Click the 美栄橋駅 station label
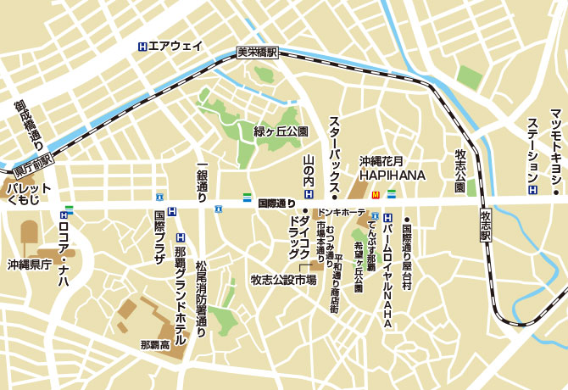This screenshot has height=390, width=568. click(x=257, y=53)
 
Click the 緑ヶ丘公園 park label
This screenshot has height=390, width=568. click(x=281, y=131)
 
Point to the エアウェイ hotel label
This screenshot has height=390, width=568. click(x=176, y=47)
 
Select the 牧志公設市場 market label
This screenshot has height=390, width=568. click(x=283, y=280)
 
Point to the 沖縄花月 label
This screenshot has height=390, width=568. click(x=381, y=160)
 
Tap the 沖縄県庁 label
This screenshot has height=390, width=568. click(x=30, y=265)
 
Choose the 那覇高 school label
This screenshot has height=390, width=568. click(x=154, y=345)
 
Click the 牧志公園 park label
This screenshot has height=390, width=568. click(x=460, y=170)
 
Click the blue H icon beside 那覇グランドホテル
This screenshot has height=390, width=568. click(x=180, y=238)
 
